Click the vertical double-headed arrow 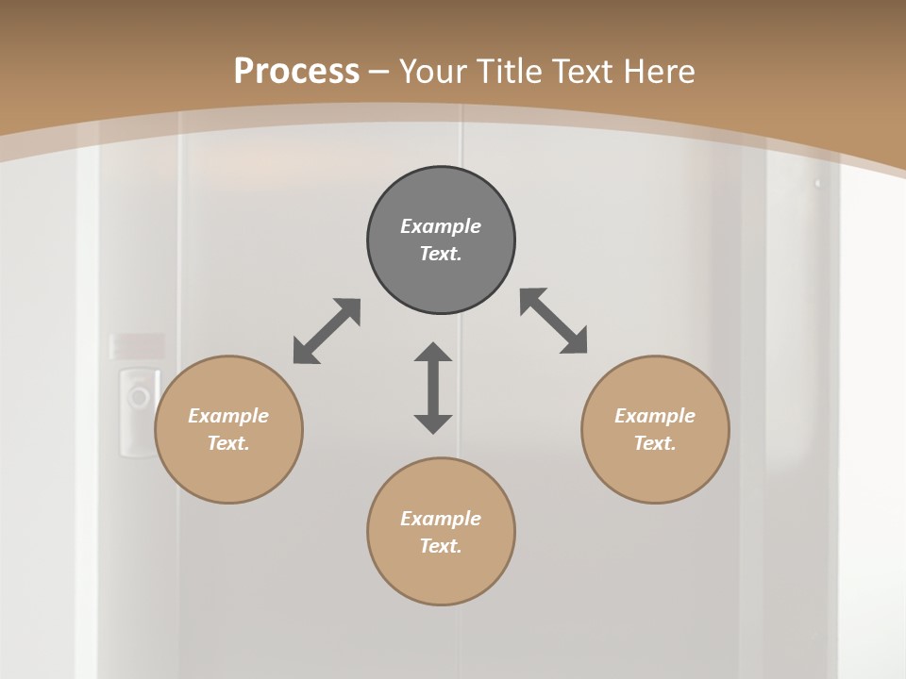point(433,388)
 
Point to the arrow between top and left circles point(327,331)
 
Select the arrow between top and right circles point(554,321)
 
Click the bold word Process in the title point(296,71)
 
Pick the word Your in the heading point(433,71)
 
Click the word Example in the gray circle point(441,226)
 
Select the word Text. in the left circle point(228,443)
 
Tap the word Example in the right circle point(655,416)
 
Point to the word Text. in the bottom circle point(441,546)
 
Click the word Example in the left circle point(228,416)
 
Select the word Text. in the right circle point(655,443)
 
